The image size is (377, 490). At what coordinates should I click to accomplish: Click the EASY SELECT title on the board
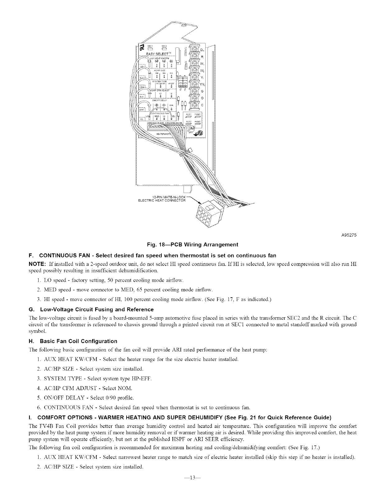[159, 54]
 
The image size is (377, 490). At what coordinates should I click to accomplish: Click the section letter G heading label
[30, 309]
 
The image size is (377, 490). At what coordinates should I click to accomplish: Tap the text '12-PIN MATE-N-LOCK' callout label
[169, 197]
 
